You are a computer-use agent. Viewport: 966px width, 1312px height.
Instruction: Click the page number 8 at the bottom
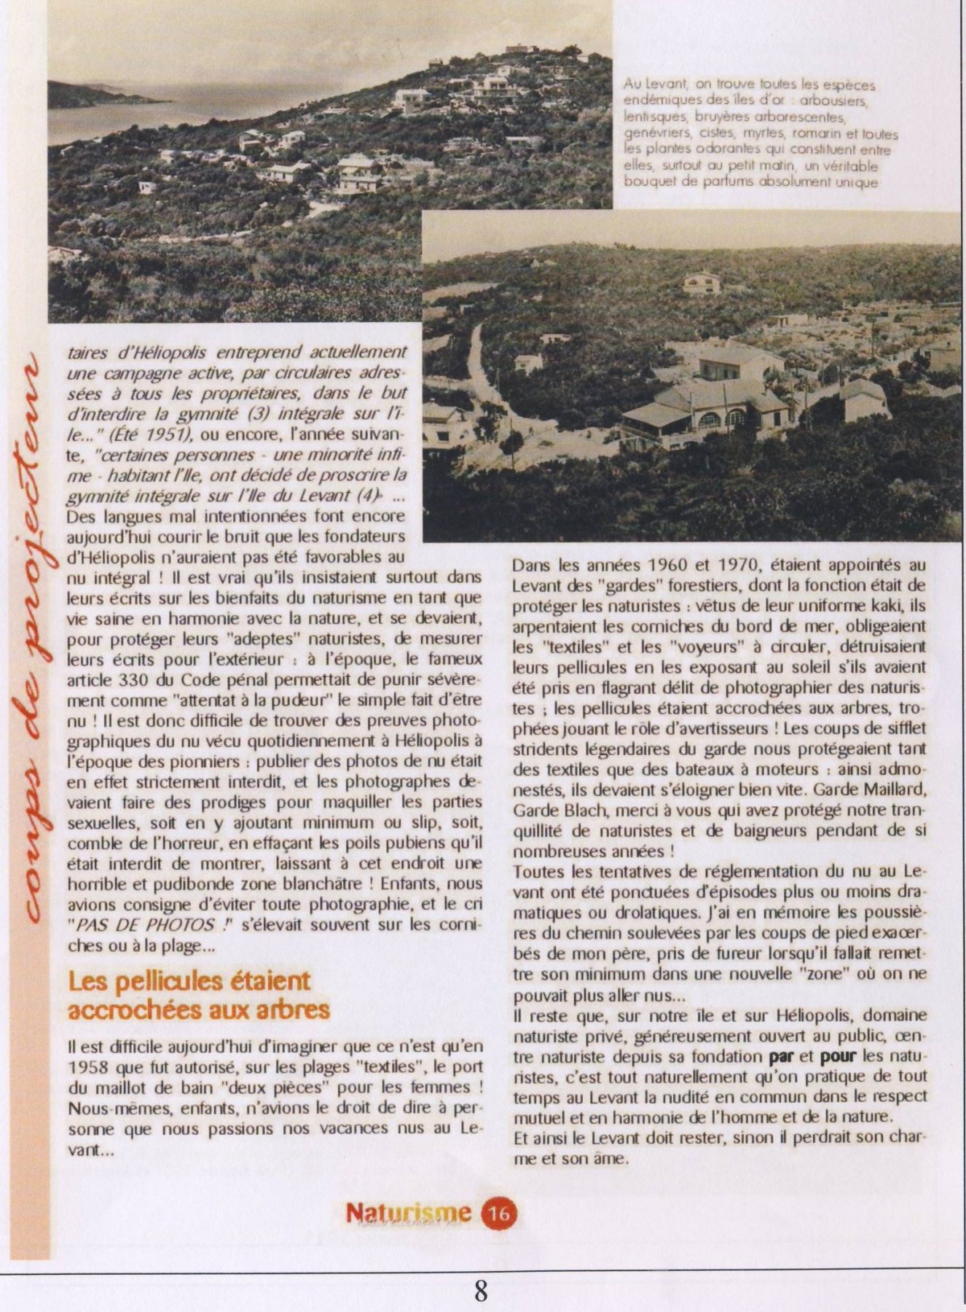tap(481, 1291)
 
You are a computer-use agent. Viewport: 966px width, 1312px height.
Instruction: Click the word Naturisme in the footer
tap(408, 1213)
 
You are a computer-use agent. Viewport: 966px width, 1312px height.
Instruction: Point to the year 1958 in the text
tap(88, 1067)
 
